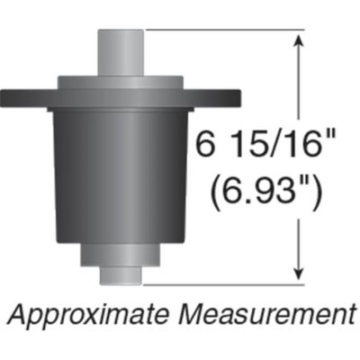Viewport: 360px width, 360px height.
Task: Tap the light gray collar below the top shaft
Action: pos(122,82)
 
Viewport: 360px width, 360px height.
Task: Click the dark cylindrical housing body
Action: pos(122,171)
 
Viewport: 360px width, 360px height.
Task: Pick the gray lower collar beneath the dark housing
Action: pos(121,253)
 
